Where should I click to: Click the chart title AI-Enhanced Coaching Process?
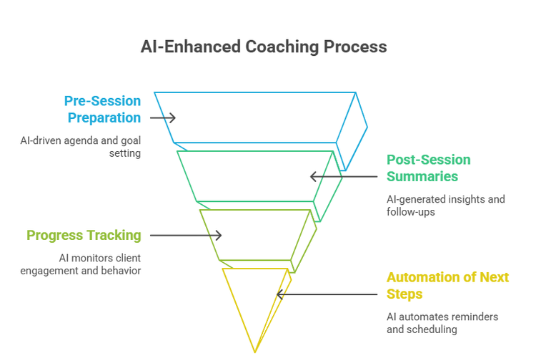coord(264,47)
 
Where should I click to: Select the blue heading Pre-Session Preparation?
coord(102,109)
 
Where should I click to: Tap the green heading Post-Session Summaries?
coord(429,168)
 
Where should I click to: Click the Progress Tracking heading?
coord(84,235)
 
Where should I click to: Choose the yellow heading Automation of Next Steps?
coord(447,285)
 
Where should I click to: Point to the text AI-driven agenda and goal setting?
coord(80,147)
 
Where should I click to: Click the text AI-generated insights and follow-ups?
coord(445,206)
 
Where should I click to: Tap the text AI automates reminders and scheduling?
coord(442,323)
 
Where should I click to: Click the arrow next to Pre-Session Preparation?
coord(162,117)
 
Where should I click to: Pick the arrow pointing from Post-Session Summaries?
coord(343,176)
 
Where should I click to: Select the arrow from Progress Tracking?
coord(186,235)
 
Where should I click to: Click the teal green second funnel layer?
coord(257,175)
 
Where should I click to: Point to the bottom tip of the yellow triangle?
coord(254,352)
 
